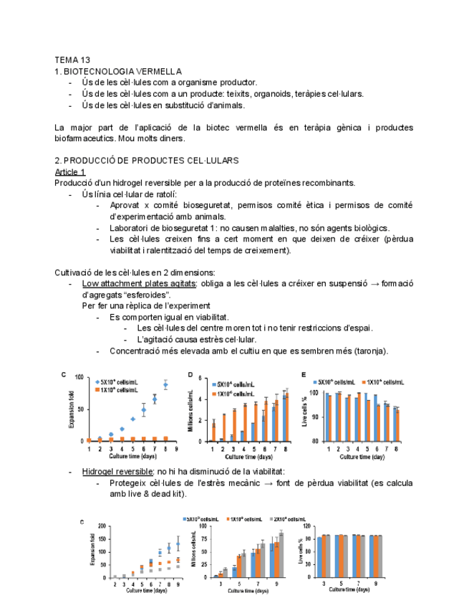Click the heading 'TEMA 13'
coord(72,60)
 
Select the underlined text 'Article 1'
coord(70,172)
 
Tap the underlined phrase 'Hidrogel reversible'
coord(117,472)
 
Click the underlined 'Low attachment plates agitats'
coord(139,284)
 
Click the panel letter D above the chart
coord(190,375)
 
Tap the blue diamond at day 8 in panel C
coord(165,385)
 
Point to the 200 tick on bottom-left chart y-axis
coord(105,526)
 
